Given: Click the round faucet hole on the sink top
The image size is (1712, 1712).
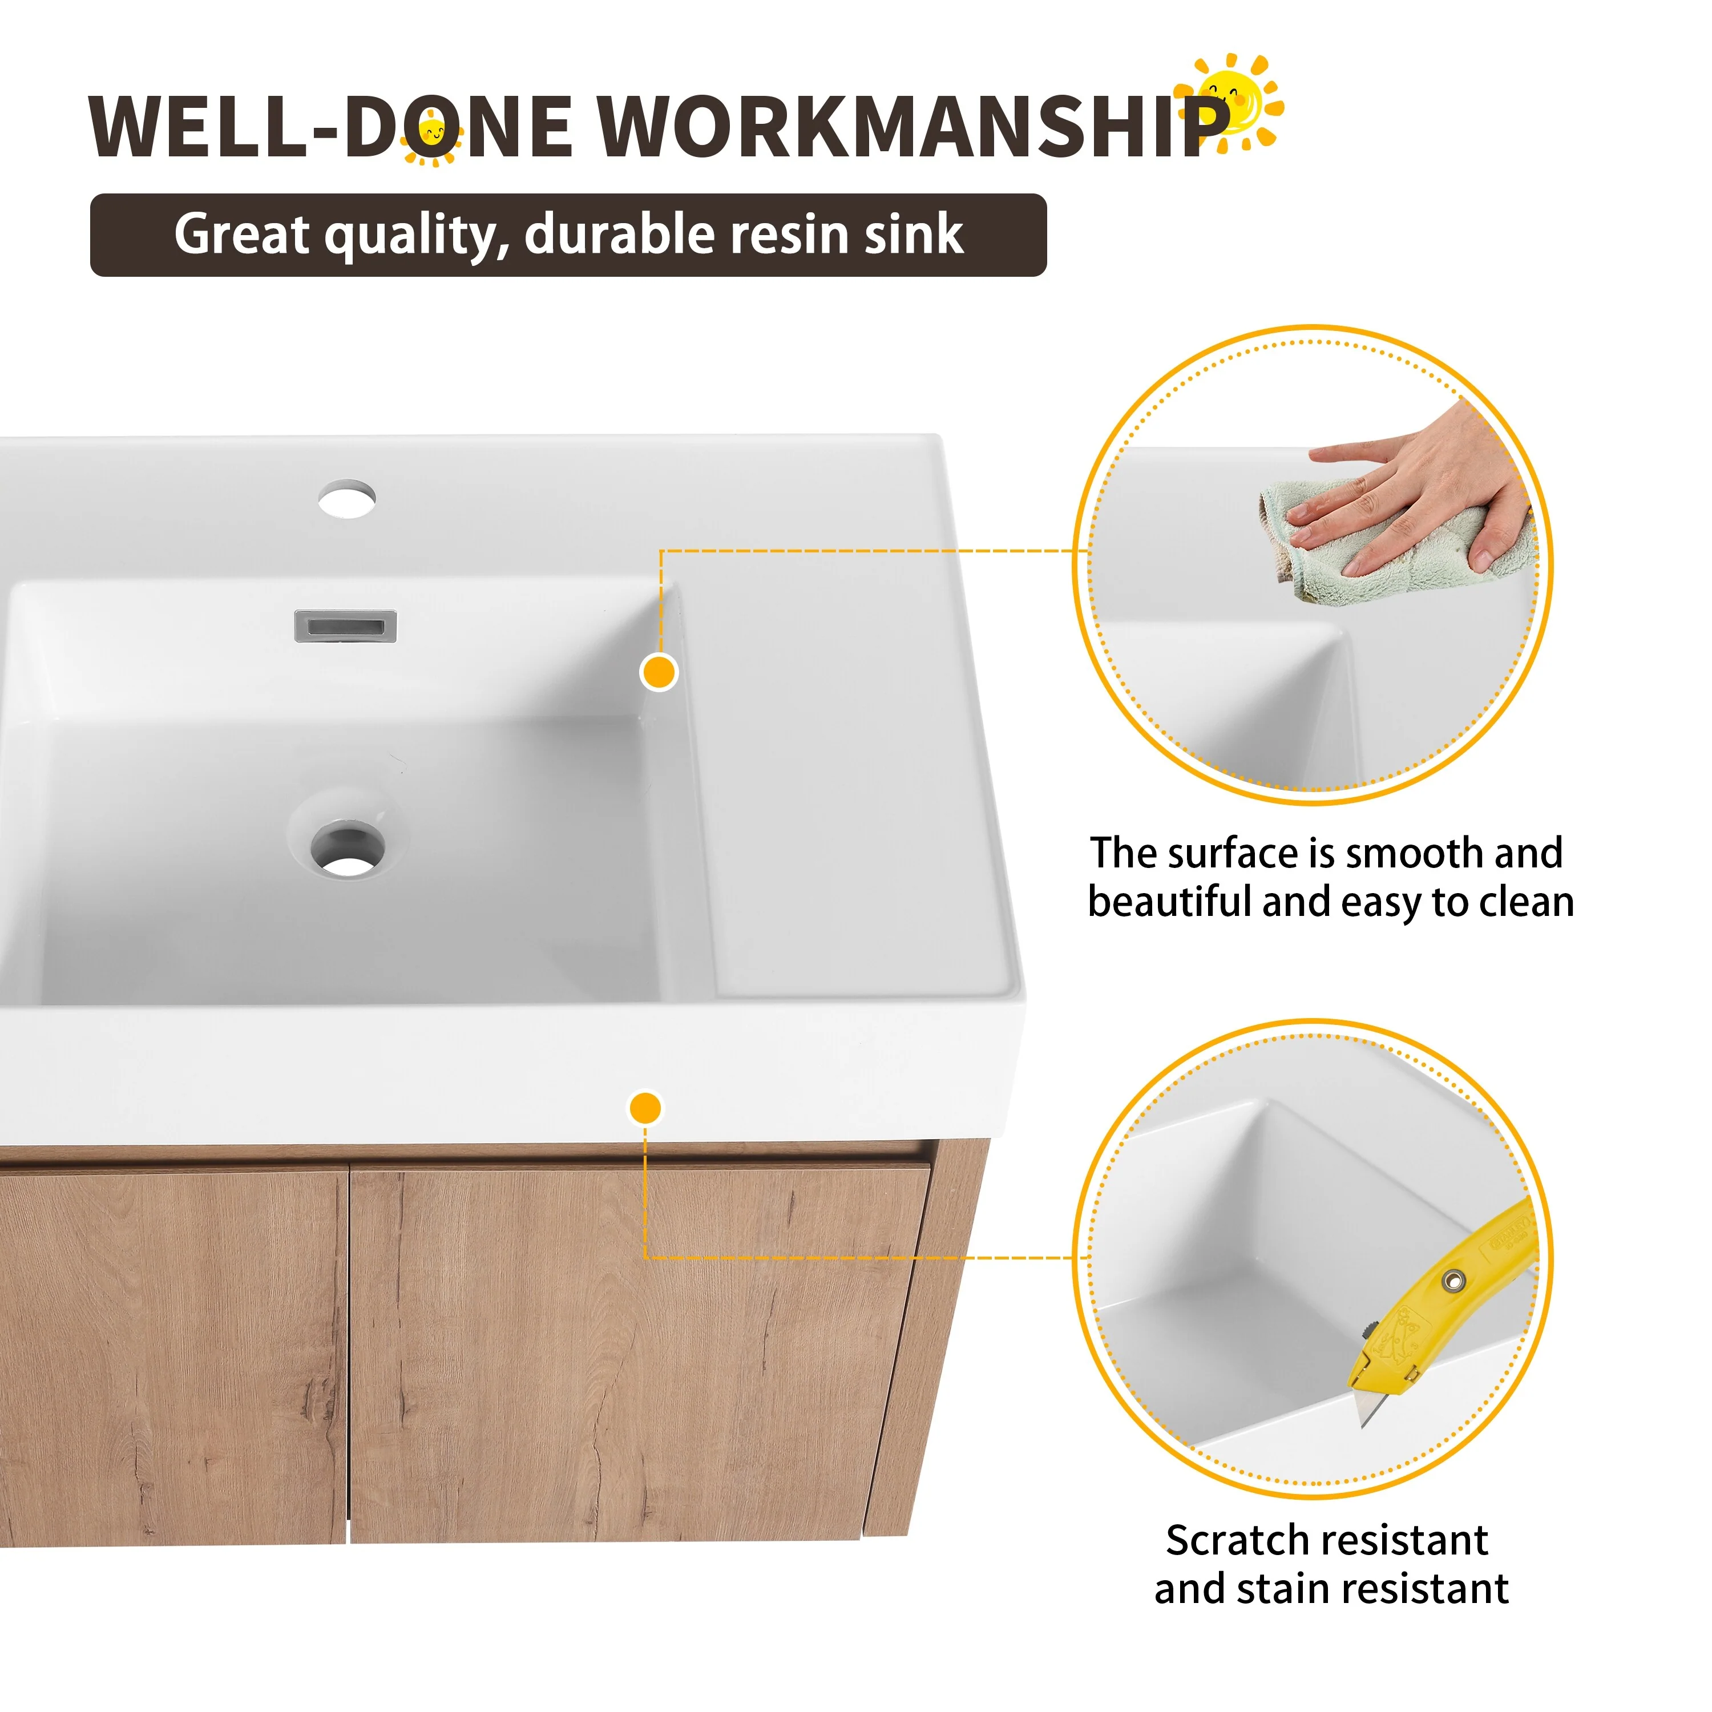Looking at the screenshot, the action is point(348,499).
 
